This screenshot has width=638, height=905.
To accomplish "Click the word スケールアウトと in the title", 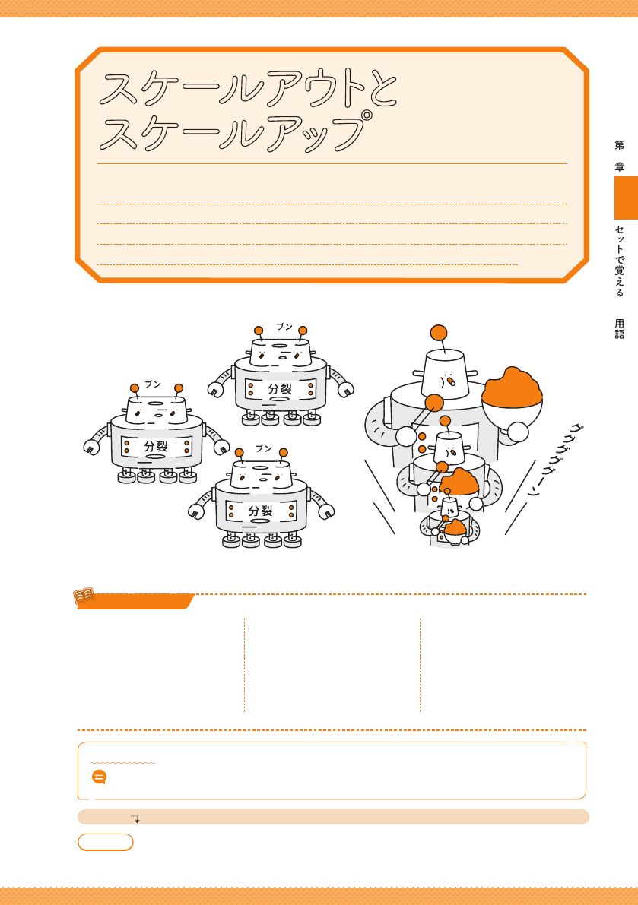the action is click(x=248, y=90).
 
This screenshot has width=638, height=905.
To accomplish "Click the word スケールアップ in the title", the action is click(x=234, y=132).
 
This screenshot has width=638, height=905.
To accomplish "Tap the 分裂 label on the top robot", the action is click(x=280, y=388).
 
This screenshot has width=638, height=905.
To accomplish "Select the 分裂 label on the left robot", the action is click(x=156, y=446).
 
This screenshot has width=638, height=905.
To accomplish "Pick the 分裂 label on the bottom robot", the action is click(x=260, y=510).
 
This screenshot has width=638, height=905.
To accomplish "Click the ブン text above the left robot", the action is click(x=152, y=384).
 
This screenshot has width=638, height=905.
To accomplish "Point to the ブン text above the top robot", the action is click(x=284, y=326).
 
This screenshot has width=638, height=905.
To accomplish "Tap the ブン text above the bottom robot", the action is click(x=263, y=448).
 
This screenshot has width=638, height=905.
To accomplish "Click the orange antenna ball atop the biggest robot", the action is click(x=439, y=333).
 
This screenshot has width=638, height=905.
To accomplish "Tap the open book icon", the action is click(x=84, y=596).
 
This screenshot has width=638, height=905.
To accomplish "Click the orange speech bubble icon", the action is click(x=100, y=777).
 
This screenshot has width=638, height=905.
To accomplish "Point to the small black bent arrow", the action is click(x=135, y=818).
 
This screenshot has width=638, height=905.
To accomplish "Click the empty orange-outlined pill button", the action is click(x=106, y=842).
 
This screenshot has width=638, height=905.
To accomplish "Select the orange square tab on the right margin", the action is click(x=626, y=198).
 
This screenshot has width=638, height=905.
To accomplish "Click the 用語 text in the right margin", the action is click(x=620, y=328).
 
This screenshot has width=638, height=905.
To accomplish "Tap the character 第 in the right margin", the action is click(x=620, y=145).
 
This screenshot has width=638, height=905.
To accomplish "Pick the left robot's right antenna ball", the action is click(x=179, y=388).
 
